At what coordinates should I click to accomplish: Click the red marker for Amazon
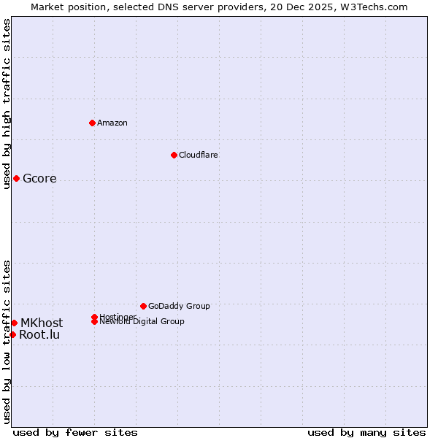pos(92,123)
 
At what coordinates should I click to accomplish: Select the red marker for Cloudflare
pos(174,155)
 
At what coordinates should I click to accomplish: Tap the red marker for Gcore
pos(16,178)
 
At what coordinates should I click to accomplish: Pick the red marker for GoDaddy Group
pos(143,306)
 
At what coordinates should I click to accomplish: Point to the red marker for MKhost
pos(14,323)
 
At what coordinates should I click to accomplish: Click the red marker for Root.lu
pos(12,334)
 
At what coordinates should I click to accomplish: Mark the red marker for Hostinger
pos(94,317)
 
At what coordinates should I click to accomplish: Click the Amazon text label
pos(112,123)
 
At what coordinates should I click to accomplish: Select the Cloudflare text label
pos(199,155)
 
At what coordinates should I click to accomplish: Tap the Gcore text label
pos(39,179)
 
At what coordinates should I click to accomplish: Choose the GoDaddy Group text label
pos(179,306)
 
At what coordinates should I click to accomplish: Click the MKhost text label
pos(42,323)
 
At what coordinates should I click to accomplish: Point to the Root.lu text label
pos(39,335)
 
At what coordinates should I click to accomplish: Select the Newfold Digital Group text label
pos(142,322)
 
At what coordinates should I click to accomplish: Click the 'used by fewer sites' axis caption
pos(75,432)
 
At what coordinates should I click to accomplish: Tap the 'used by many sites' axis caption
pos(366,432)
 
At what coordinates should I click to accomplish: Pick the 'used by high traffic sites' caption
pos(7,104)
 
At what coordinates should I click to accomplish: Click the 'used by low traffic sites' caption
pos(7,342)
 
